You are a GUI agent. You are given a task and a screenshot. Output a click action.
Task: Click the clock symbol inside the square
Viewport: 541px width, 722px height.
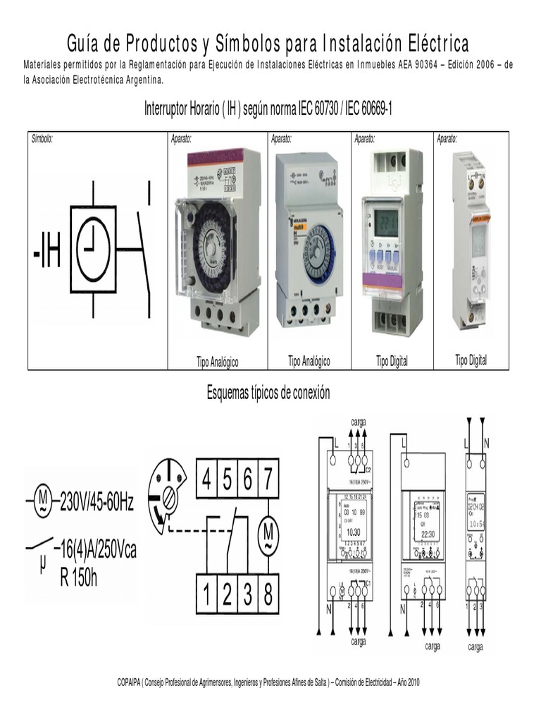[x=93, y=250]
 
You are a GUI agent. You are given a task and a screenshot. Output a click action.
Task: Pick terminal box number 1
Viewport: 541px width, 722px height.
[x=206, y=596]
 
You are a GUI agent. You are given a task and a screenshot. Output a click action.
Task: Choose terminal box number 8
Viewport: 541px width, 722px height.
[x=267, y=596]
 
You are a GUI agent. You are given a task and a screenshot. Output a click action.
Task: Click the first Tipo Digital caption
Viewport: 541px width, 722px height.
[x=392, y=361]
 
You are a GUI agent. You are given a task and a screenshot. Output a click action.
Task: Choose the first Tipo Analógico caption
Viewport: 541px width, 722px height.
[x=217, y=362]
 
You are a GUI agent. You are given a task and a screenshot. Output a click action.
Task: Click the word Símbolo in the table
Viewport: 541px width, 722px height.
[x=42, y=139]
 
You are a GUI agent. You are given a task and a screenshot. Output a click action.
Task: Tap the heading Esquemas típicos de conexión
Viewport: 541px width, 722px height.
[x=268, y=393]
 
